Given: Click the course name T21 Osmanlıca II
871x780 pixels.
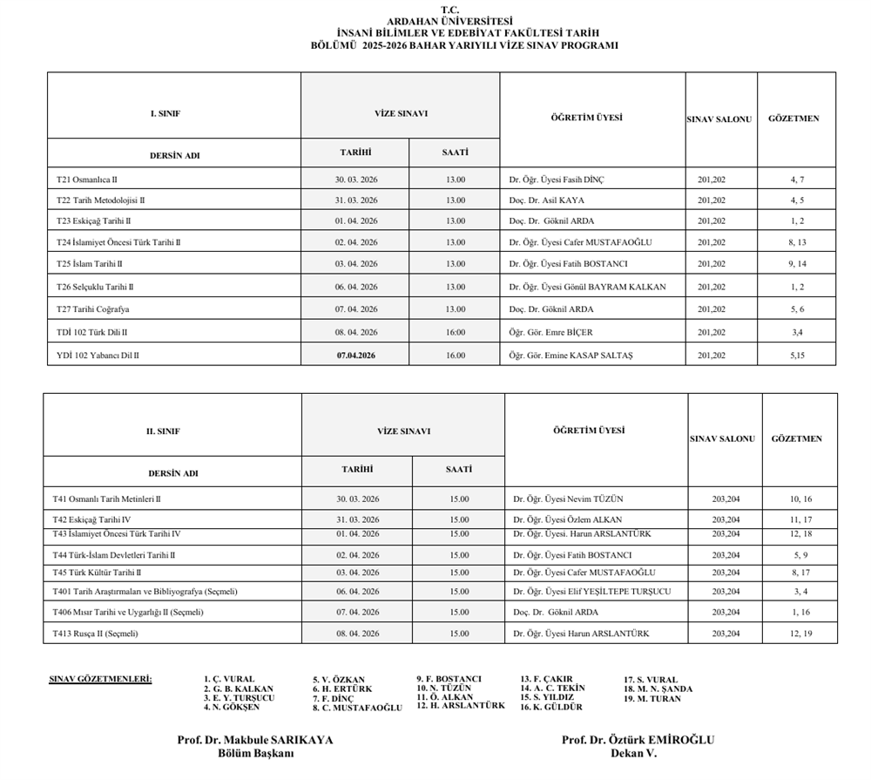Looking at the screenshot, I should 87,180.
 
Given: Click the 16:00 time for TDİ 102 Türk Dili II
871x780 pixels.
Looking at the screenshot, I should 456,332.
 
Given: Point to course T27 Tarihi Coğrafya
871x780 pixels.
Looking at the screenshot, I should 93,309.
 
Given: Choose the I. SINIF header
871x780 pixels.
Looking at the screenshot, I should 165,114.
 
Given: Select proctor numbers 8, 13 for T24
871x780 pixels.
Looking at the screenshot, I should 797,242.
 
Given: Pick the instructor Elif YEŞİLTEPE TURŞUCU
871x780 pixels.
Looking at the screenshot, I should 592,592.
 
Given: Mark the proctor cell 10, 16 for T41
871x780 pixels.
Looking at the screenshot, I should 800,499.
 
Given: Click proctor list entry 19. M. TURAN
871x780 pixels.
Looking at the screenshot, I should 652,699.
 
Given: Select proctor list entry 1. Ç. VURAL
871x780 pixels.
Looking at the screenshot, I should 229,679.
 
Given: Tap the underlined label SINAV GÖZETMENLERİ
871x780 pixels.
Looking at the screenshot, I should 100,678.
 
